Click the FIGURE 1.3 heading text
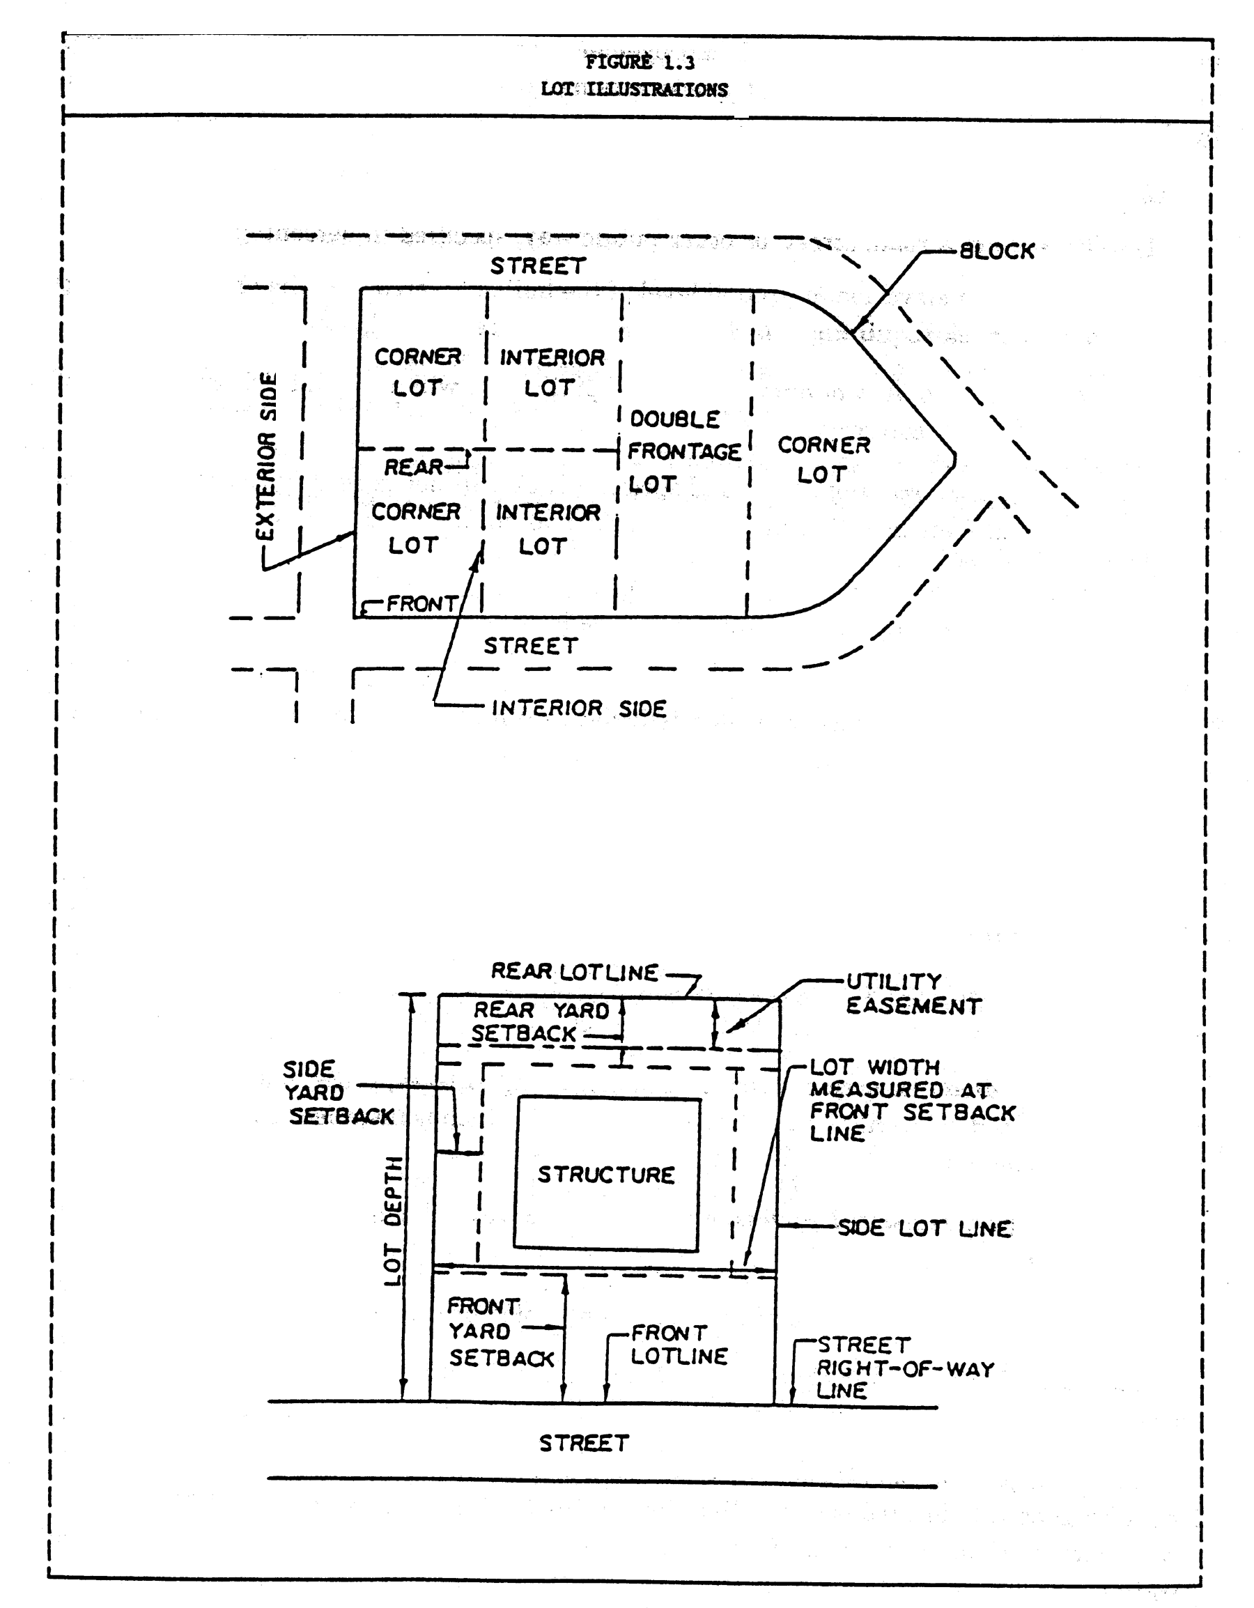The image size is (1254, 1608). (639, 62)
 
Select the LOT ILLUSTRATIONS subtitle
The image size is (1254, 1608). (634, 90)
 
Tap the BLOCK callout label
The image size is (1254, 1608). (997, 252)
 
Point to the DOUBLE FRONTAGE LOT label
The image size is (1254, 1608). (683, 451)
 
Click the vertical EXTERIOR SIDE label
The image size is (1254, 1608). (268, 456)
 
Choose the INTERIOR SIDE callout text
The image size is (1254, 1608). (579, 709)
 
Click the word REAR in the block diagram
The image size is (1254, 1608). (414, 467)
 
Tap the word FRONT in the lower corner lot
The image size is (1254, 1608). (422, 604)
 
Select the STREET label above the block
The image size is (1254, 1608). (539, 265)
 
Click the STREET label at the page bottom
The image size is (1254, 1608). (584, 1443)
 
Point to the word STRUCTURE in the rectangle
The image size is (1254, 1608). (606, 1175)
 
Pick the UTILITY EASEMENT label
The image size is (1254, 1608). (913, 994)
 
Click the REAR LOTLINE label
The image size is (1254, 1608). (574, 972)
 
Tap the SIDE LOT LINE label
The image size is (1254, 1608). (925, 1228)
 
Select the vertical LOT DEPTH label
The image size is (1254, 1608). (394, 1222)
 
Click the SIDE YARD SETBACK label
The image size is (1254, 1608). (339, 1092)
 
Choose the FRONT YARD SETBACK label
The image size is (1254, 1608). (501, 1332)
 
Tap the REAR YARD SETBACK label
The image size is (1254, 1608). (541, 1022)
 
